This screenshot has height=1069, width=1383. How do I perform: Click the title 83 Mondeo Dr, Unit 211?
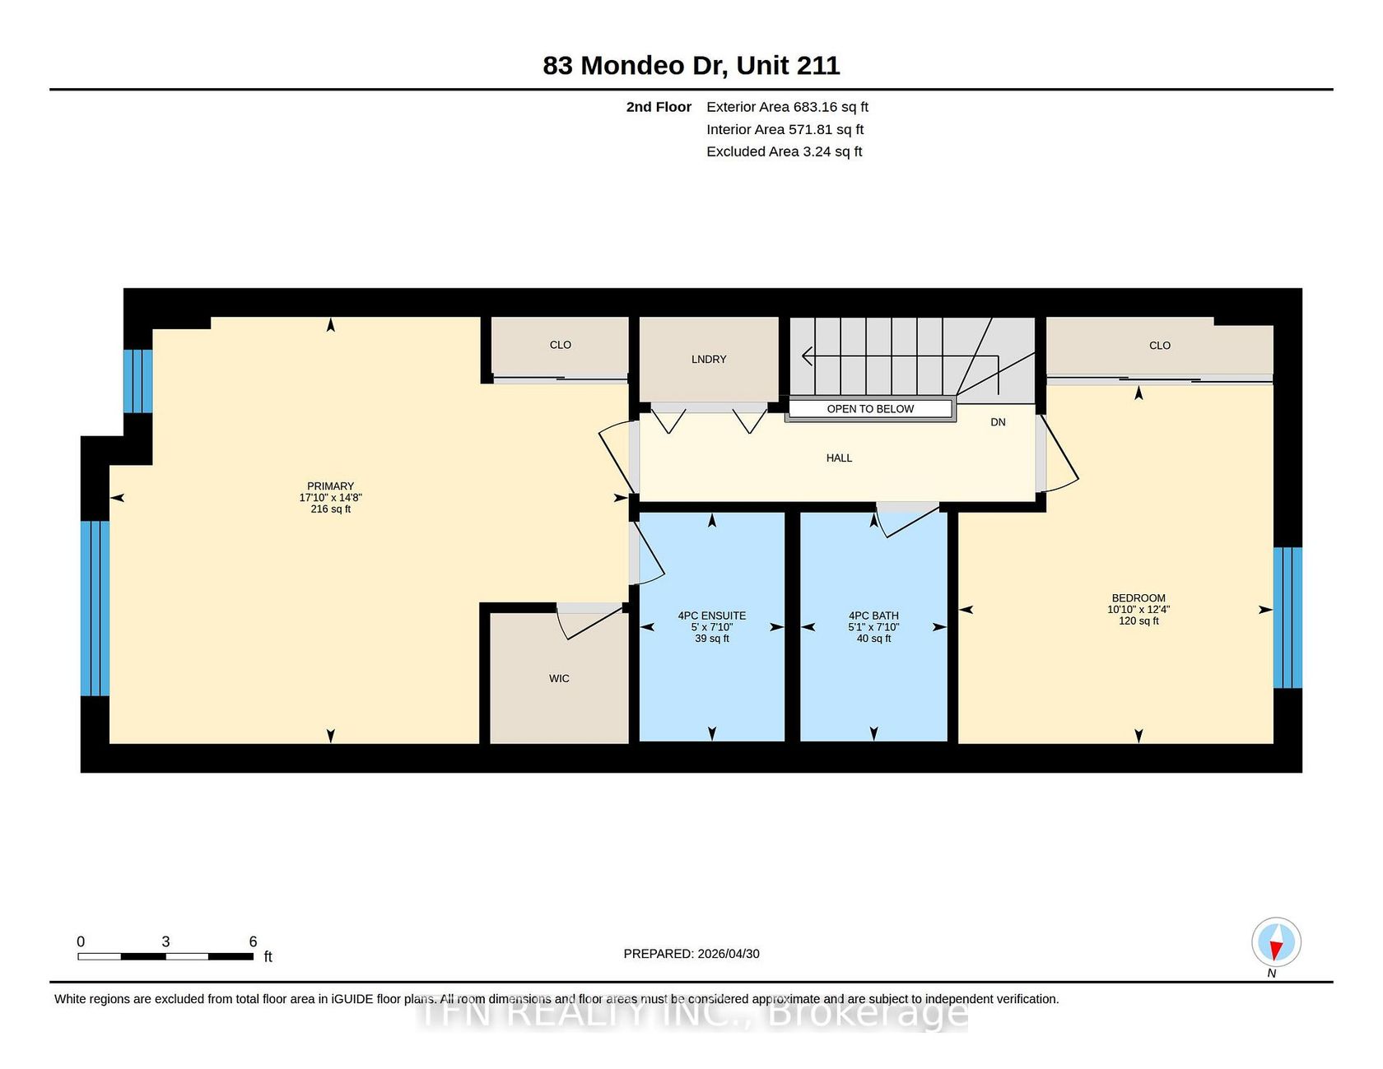[x=691, y=66]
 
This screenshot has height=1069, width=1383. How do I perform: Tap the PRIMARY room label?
[x=330, y=486]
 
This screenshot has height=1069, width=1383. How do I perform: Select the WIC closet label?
[x=559, y=679]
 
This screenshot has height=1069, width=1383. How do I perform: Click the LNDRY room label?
[x=709, y=360]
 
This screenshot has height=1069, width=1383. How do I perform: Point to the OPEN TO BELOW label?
[x=870, y=409]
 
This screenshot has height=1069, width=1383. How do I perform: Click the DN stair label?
[x=998, y=422]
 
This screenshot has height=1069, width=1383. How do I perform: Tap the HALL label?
[x=839, y=458]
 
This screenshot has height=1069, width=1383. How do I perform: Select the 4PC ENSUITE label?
[x=712, y=616]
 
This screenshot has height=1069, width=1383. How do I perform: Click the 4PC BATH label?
[x=873, y=616]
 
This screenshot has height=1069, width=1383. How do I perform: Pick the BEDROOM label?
[x=1139, y=598]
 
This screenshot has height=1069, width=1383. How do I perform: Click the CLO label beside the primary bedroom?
[x=561, y=345]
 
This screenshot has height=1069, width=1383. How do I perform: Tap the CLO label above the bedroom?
[x=1160, y=346]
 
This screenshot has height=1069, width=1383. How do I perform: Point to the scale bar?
[x=165, y=956]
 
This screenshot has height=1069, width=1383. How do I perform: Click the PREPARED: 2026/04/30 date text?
[x=691, y=954]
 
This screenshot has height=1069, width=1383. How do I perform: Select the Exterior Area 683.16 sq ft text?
[x=787, y=107]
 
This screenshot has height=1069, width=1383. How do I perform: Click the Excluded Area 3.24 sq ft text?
[x=785, y=151]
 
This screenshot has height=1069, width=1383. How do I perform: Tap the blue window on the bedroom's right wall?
[x=1288, y=618]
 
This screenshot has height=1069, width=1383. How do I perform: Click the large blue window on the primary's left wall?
[x=95, y=608]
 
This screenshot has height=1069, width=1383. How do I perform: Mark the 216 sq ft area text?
[x=330, y=509]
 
